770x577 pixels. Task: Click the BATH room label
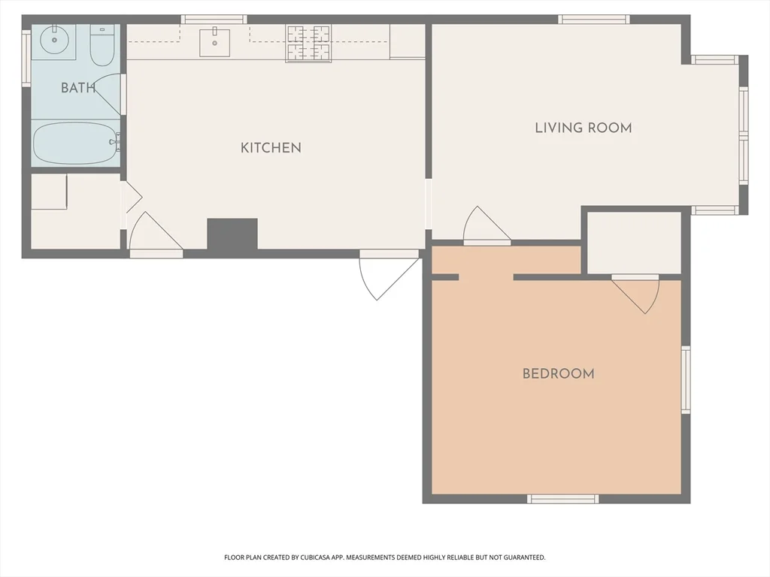pos(77,88)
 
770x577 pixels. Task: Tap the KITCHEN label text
pos(271,148)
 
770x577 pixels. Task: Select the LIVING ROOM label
pos(583,128)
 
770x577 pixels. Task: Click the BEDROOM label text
pos(558,373)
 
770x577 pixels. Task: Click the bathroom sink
pos(53,39)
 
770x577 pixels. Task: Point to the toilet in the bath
pos(101,45)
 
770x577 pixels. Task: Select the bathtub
pos(75,143)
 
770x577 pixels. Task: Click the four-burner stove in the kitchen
pos(308,43)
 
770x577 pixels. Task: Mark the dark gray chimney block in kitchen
pos(232,234)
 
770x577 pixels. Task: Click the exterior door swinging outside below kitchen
pos(386,275)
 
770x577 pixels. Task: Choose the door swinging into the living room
pos(485,226)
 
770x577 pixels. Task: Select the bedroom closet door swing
pos(638,294)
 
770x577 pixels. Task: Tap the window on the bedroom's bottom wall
pos(562,498)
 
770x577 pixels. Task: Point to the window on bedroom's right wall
pos(685,379)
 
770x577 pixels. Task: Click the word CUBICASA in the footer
pos(312,557)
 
